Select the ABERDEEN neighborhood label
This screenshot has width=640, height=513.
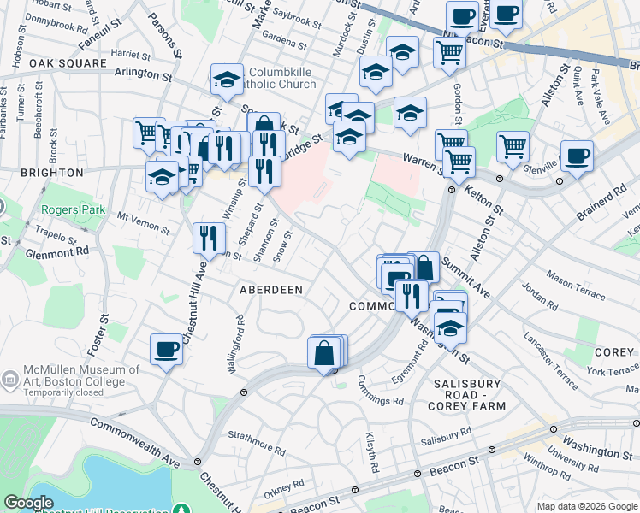(x=270, y=290)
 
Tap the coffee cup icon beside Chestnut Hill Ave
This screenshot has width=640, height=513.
(x=166, y=348)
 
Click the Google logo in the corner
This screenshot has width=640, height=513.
(x=28, y=503)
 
